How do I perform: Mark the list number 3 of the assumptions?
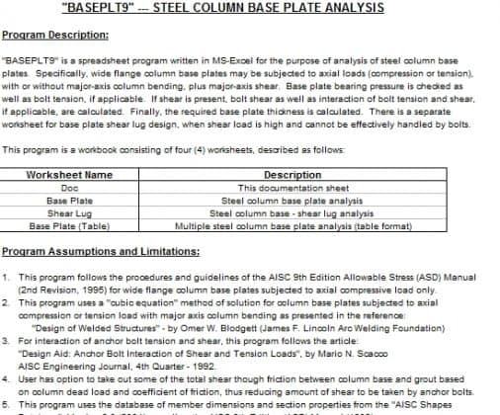(x=7, y=338)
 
